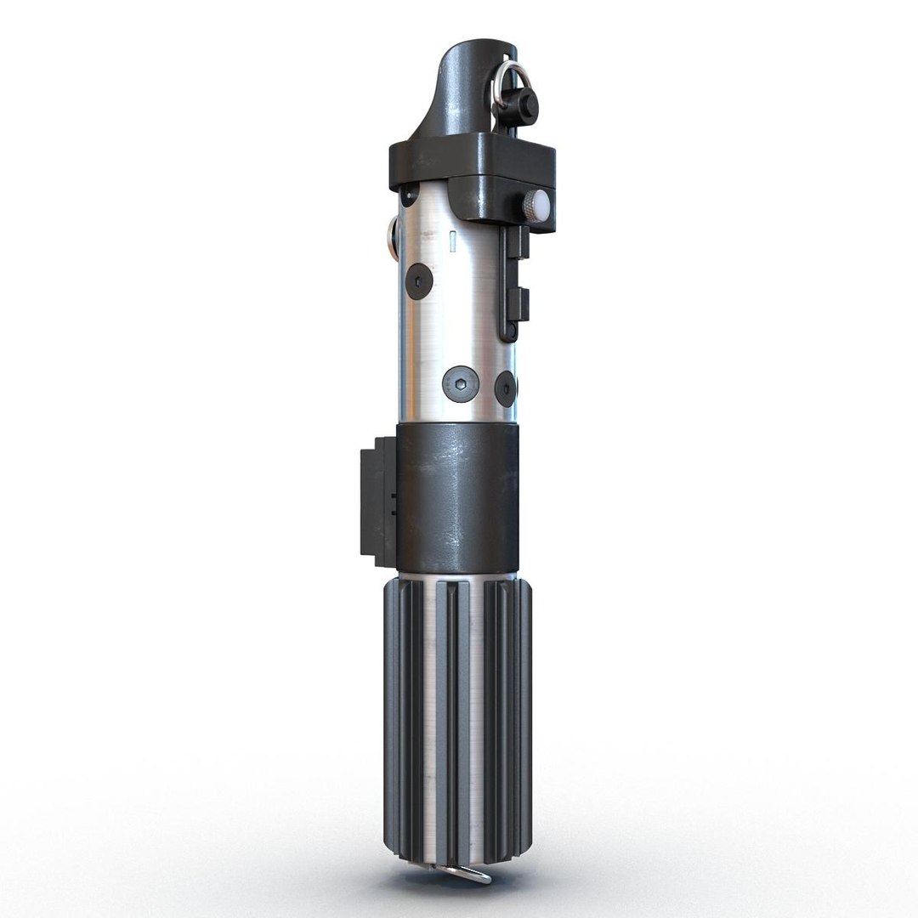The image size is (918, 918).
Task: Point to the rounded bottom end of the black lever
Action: (x=507, y=334)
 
